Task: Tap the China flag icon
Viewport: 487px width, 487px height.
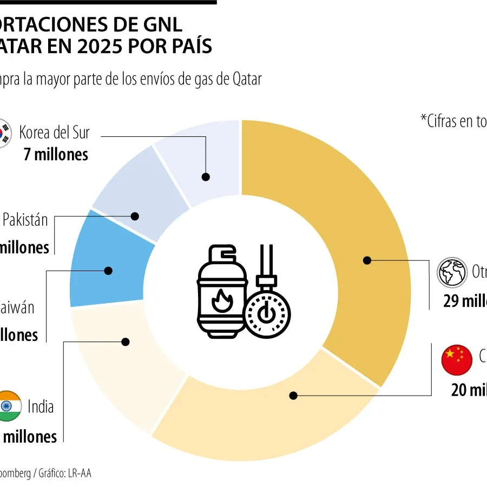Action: (457, 360)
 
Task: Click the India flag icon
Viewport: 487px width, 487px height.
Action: (8, 406)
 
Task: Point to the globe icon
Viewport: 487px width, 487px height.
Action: (452, 272)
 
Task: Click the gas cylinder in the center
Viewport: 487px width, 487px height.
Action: (222, 292)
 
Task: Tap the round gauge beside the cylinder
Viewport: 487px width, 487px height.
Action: (267, 314)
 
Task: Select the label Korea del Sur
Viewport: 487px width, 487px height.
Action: (54, 132)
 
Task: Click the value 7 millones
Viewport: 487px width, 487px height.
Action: (56, 154)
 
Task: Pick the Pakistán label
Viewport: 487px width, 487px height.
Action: (25, 220)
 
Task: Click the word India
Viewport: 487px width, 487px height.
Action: (41, 406)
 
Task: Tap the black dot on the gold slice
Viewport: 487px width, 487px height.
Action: (367, 260)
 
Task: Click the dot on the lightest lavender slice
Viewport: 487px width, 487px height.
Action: (206, 176)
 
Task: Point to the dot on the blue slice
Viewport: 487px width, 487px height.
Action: (108, 271)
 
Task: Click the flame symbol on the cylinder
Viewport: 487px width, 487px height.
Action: (221, 301)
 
